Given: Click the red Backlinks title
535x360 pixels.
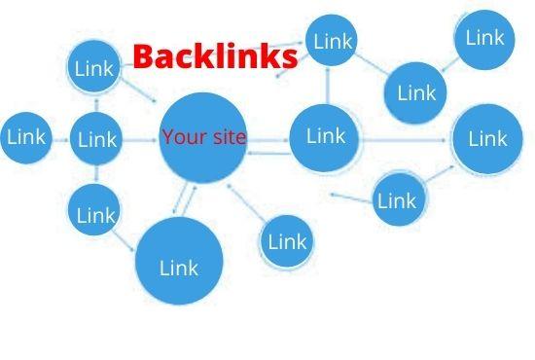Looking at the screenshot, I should [215, 56].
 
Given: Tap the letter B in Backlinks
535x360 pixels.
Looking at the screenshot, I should [142, 56].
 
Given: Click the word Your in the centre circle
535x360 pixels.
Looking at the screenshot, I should [181, 137].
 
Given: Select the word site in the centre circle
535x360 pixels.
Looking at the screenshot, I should [226, 137].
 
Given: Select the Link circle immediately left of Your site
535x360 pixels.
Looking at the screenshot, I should [97, 139].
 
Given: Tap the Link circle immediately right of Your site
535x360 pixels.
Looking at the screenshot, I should [326, 137].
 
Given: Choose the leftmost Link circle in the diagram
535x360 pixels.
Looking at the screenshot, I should [25, 137].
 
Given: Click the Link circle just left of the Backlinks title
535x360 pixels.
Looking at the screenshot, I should [94, 68].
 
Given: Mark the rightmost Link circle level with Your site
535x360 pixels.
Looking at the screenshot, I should [487, 139].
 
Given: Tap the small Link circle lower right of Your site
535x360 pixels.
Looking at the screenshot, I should [287, 240].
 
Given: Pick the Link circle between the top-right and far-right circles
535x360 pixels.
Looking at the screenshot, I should [417, 93].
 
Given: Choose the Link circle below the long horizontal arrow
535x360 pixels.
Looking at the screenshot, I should [396, 200].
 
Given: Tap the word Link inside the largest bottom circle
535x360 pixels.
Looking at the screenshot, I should [179, 266].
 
